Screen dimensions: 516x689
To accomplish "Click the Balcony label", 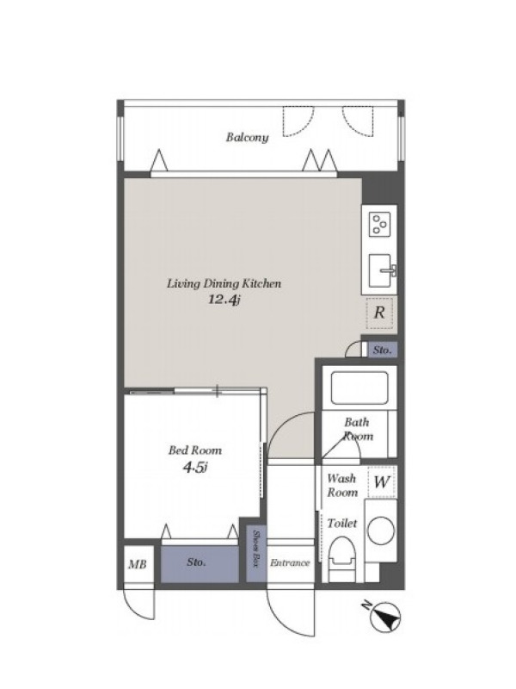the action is (x=248, y=137).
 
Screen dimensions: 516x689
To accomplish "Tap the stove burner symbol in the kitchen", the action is (x=379, y=225).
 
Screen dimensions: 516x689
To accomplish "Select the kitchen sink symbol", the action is (x=380, y=270).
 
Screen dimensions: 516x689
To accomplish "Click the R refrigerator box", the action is (x=379, y=313).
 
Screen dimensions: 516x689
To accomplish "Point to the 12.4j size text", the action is (x=224, y=300).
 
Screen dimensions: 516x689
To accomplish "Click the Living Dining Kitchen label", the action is (x=224, y=283).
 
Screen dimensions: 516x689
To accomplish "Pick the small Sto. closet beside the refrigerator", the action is (x=382, y=351).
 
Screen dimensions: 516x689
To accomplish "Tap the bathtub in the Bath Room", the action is (x=359, y=388).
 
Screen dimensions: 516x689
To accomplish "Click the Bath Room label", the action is (x=358, y=429).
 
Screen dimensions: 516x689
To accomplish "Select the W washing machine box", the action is (x=381, y=482).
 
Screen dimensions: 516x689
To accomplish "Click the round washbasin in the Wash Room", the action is (x=380, y=531).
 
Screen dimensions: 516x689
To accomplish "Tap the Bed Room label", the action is (x=195, y=450).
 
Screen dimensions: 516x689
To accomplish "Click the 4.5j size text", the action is (x=195, y=468).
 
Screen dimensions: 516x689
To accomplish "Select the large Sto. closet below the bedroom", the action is (x=200, y=564).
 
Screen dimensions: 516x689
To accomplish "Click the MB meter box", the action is (x=138, y=564).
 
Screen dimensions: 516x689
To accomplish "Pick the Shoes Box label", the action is (x=256, y=548).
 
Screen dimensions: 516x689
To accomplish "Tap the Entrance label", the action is (x=290, y=563).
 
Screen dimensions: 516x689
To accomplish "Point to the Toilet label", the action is (x=341, y=524).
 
